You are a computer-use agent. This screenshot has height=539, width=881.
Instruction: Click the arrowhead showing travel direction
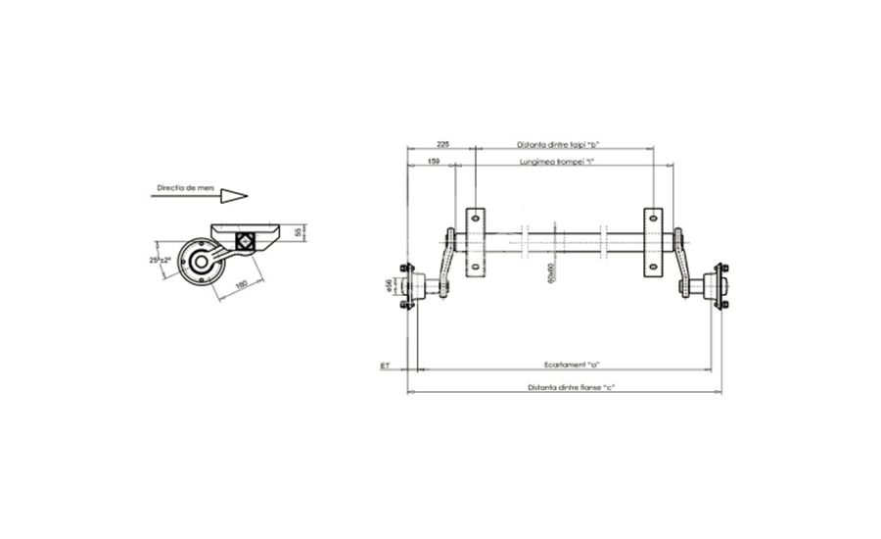pos(233,195)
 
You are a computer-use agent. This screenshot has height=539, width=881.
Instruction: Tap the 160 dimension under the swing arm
pos(240,285)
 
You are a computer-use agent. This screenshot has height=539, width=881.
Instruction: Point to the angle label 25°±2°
pos(160,260)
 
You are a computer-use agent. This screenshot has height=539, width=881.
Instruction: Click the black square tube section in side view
pos(246,241)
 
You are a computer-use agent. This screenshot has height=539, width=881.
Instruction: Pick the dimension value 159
pos(433,161)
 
